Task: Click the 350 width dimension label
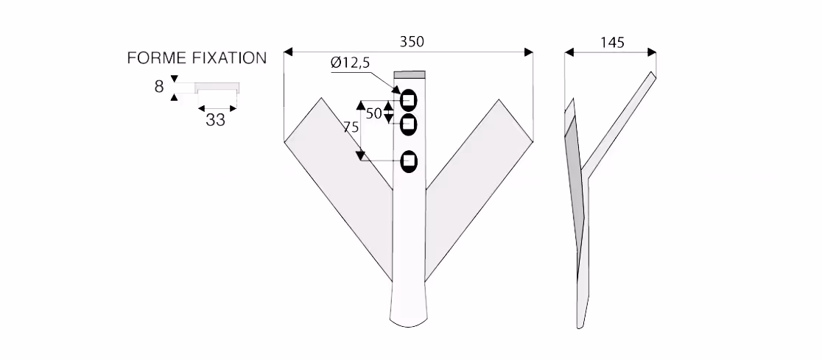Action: coord(412,41)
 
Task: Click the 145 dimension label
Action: coord(612,43)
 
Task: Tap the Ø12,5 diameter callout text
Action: coord(350,63)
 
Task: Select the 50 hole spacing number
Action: coord(373,113)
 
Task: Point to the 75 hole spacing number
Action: coord(351,127)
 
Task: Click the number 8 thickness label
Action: coord(159,86)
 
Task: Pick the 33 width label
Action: coord(216,120)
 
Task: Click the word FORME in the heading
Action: coord(158,58)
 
